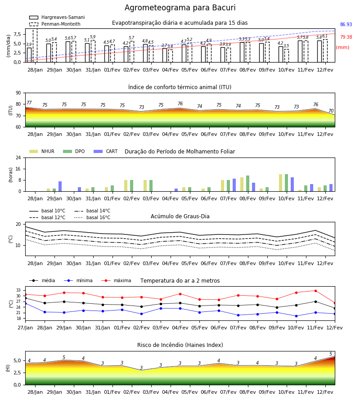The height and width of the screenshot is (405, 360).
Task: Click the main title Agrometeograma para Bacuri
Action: [180, 8]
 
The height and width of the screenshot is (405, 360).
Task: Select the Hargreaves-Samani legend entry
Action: [57, 17]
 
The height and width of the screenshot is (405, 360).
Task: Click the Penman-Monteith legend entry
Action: [55, 24]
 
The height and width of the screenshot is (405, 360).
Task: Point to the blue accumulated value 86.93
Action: [346, 25]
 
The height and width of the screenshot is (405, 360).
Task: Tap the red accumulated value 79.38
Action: [346, 37]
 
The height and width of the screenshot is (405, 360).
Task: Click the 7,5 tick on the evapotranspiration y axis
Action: [17, 34]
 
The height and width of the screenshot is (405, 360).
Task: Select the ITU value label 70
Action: [331, 111]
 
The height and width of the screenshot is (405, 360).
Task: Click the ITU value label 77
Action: [29, 103]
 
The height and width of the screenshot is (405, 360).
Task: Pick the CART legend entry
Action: [105, 151]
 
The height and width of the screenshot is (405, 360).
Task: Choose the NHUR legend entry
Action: [42, 151]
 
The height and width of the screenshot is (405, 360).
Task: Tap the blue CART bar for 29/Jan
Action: [60, 186]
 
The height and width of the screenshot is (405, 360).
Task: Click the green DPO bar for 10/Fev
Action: [286, 183]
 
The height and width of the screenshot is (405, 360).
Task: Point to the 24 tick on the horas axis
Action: [18, 157]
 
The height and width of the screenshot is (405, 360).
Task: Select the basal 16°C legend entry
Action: [92, 217]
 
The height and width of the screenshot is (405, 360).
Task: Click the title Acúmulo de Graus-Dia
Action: [180, 216]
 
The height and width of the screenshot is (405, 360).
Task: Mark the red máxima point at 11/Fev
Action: [315, 291]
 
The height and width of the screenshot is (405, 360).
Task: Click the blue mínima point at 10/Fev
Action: [296, 316]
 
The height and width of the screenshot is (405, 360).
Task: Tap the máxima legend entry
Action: [116, 280]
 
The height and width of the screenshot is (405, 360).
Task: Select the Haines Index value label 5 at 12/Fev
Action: [331, 354]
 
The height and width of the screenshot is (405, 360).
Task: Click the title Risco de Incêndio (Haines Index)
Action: [180, 345]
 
